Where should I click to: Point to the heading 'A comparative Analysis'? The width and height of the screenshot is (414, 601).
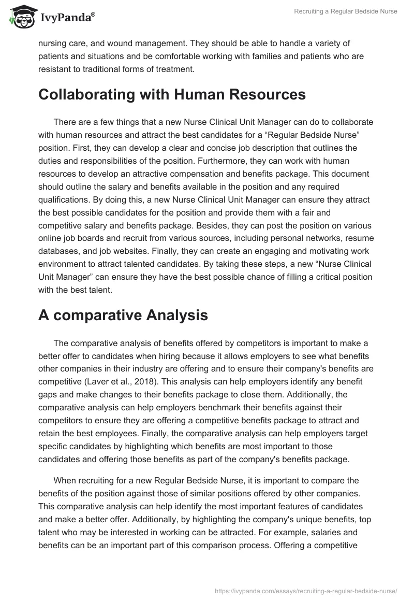(123, 315)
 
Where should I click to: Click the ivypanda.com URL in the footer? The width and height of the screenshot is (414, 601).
(305, 590)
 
